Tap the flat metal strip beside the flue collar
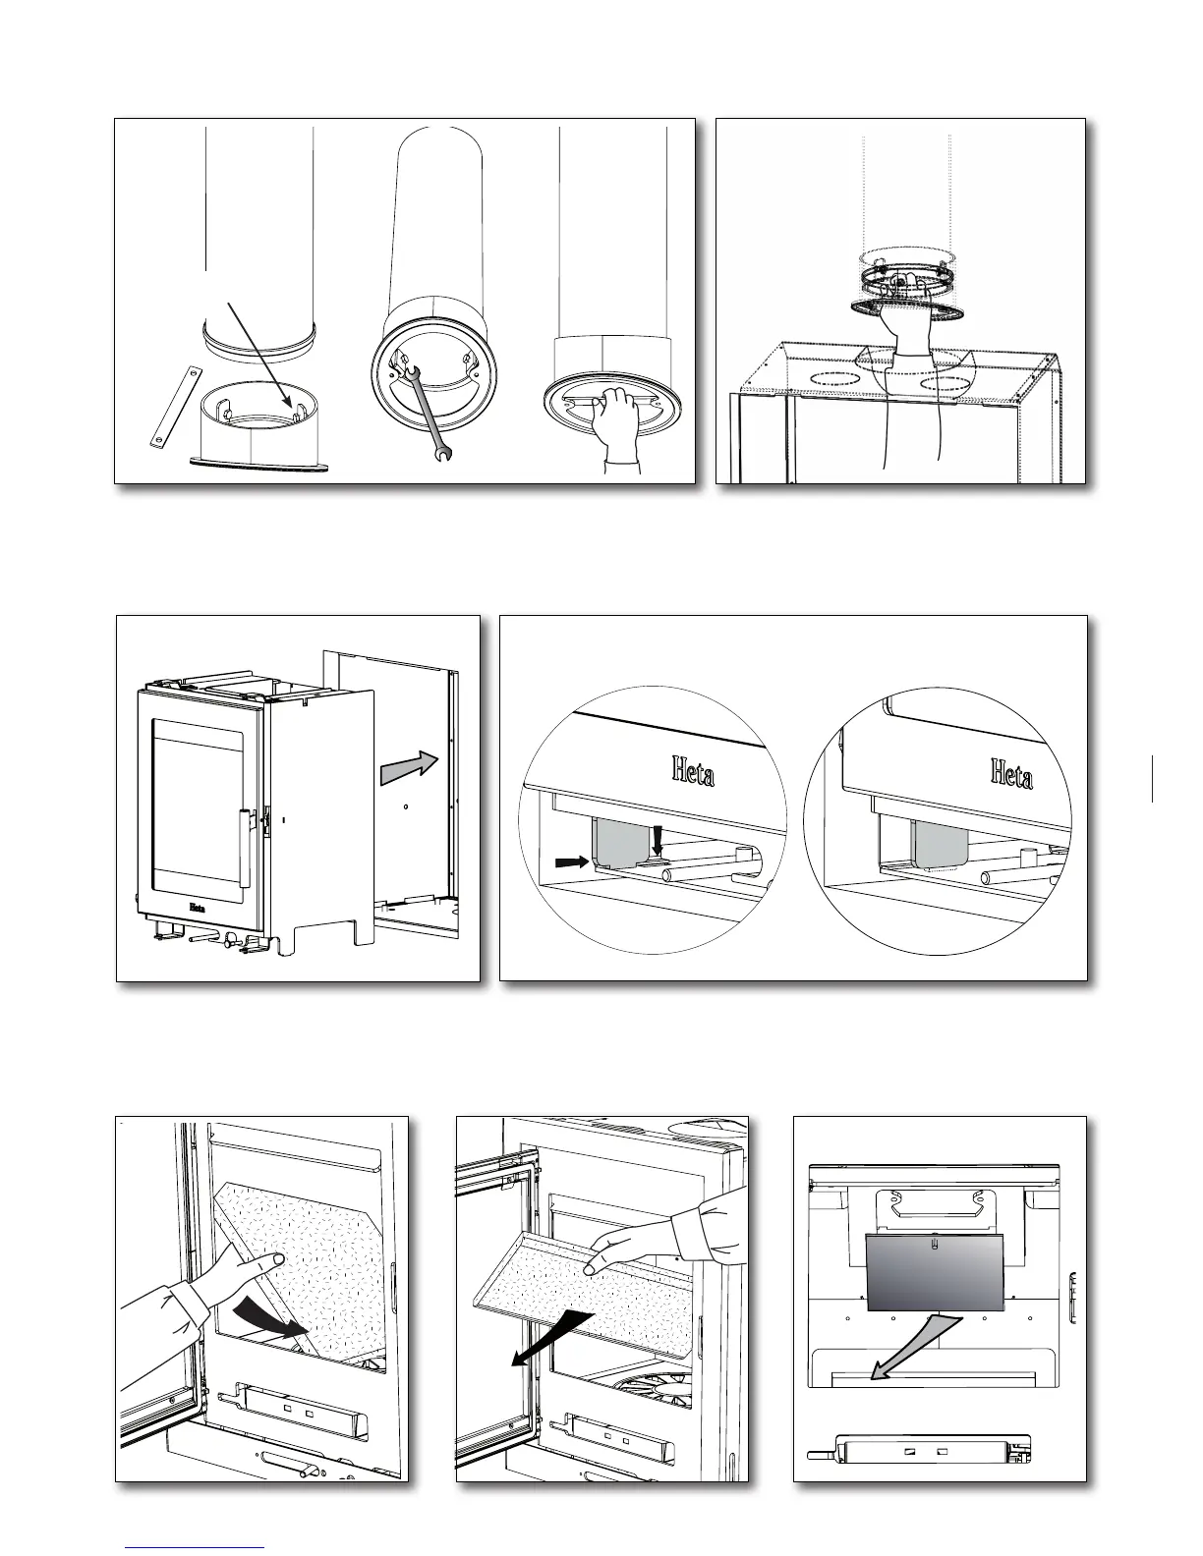171,407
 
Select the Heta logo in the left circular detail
693,772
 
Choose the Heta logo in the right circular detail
1012,776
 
